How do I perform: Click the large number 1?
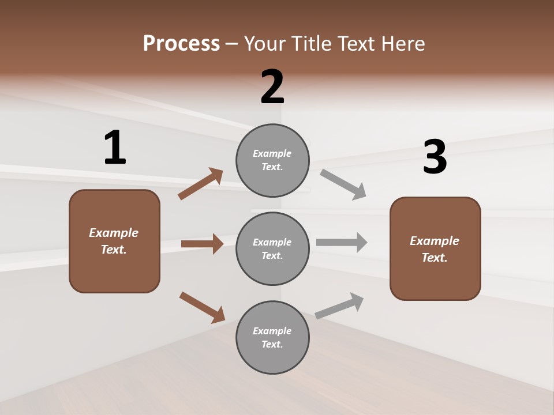tap(115, 149)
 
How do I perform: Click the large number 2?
tap(272, 88)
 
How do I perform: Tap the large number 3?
tap(435, 158)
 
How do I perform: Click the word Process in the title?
tap(181, 44)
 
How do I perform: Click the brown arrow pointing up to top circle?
tap(200, 184)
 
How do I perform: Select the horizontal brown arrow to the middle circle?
tap(202, 244)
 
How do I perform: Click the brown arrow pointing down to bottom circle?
tap(202, 307)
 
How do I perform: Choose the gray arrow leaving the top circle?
tap(343, 184)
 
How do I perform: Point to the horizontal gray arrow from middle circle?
tap(341, 242)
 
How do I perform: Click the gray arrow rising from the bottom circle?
tap(339, 306)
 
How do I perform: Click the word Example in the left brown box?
tap(114, 233)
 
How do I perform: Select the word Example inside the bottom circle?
tap(272, 331)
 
